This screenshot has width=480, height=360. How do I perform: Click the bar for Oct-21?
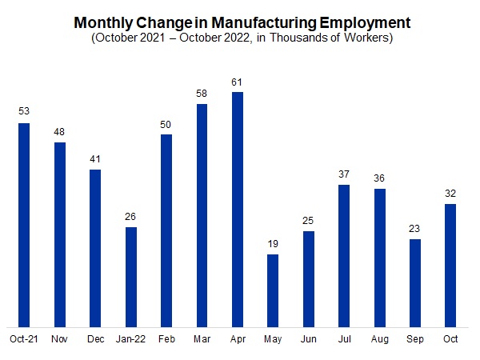coord(24,225)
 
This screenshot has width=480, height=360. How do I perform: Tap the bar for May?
coord(273,290)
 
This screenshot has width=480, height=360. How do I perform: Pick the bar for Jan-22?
coord(130,277)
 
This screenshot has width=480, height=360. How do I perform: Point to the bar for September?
coord(414,282)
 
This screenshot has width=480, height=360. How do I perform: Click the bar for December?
coord(95,248)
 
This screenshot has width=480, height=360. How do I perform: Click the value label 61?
coord(237,81)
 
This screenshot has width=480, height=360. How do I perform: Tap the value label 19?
coord(273,243)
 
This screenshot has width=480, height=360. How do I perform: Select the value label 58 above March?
coord(202,93)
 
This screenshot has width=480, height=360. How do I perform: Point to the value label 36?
coord(379,178)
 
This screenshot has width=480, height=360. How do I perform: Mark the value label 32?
coord(450,193)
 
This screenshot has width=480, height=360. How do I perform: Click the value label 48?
coord(59,131)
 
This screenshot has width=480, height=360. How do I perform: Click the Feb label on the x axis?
coord(166,339)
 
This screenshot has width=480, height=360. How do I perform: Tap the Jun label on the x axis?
coord(308,339)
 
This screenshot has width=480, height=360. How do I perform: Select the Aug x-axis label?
coord(379,339)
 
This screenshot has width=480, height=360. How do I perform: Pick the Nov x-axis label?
coord(59,339)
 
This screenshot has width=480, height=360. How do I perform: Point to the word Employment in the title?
coord(360,22)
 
